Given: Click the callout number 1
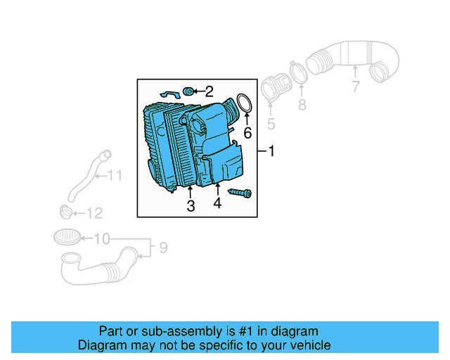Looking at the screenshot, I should pos(271,152).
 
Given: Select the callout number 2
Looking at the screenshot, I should pos(209,91).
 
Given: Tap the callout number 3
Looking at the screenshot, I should pos(191,205).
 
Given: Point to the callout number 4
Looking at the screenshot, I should pos(217,203).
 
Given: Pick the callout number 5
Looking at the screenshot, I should pos(271,125).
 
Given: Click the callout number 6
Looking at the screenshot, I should pos(247,133).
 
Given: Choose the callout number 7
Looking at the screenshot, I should pos(356,86).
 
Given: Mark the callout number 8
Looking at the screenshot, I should pos(302,105).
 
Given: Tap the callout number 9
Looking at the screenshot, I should pos(163,247).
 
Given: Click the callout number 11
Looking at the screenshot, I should pos(114,175).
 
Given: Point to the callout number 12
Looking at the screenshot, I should pos(94,213).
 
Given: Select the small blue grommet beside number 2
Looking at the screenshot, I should pos(188,91).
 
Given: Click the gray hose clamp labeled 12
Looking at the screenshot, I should pos(65,210).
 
